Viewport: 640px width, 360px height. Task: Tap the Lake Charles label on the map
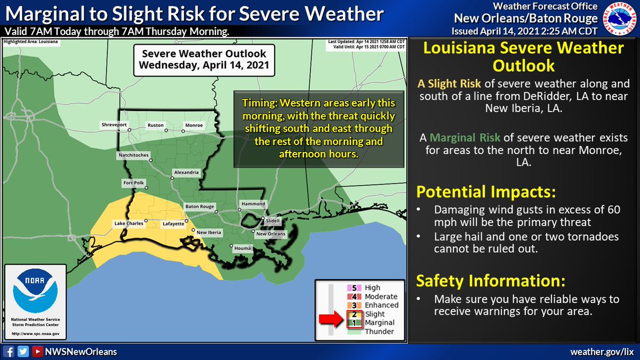tap(128, 223)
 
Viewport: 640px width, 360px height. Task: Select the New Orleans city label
tap(270, 234)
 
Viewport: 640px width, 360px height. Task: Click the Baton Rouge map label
tap(199, 206)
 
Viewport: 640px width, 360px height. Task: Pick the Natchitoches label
tap(133, 155)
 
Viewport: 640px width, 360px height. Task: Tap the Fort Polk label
tap(133, 182)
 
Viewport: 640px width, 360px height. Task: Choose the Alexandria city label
tap(185, 172)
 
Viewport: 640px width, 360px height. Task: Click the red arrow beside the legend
tap(331, 319)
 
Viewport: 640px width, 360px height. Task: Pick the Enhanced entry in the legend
tap(381, 305)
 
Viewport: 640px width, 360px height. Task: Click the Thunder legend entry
tap(379, 331)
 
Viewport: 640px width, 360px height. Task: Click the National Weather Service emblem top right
tap(620, 19)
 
